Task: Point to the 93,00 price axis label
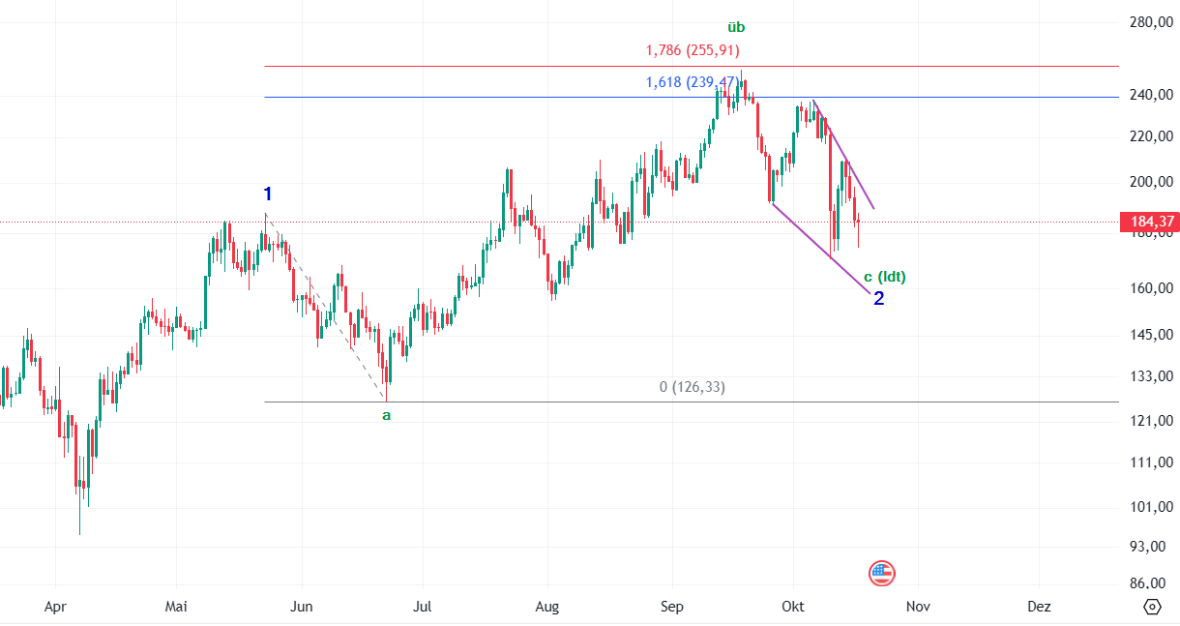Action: [x=1150, y=547]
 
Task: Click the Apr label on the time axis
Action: [x=55, y=607]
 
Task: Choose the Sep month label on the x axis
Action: [x=671, y=607]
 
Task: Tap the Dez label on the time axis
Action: [x=1039, y=607]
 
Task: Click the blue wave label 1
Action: [x=268, y=194]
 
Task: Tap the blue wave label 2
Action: [x=878, y=298]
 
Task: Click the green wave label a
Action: [x=386, y=415]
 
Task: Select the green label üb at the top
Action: [x=736, y=27]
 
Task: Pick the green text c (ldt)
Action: [x=884, y=277]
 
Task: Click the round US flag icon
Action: [x=881, y=573]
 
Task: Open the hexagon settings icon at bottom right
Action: [x=1152, y=607]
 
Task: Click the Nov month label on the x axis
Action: [x=918, y=607]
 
